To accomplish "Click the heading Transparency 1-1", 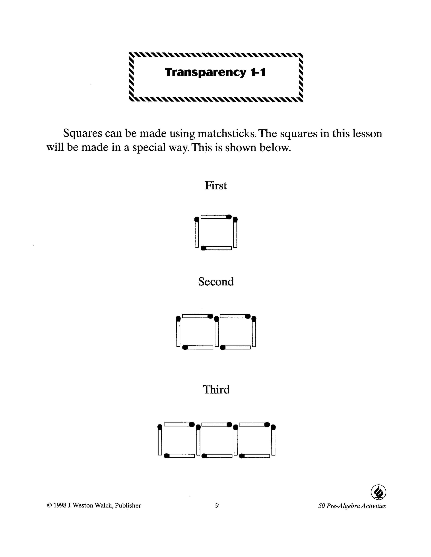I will pos(215,72).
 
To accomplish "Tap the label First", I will pos(215,186).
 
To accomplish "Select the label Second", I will pos(216,282).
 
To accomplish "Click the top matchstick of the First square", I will pos(216,217).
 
